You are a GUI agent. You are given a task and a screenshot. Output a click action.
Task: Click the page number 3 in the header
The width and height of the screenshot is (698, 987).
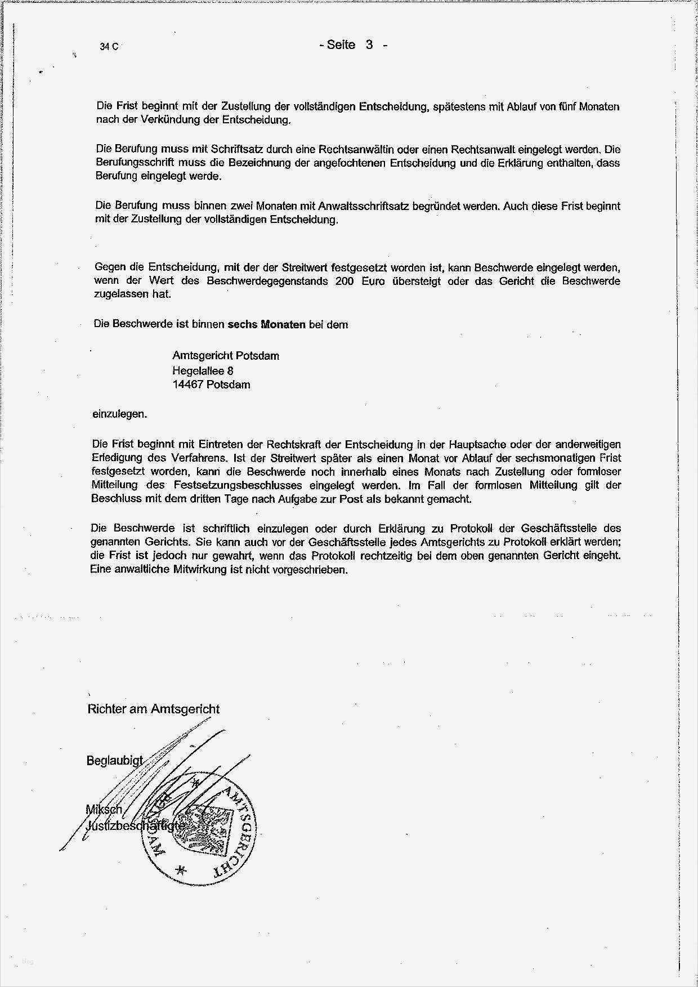click(369, 45)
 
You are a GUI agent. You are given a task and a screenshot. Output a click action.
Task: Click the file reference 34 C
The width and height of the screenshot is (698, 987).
click(109, 47)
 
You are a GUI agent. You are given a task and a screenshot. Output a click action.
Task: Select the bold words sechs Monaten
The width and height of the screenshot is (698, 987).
click(266, 324)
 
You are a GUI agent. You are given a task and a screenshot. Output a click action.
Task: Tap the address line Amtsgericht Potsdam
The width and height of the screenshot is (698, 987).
click(225, 356)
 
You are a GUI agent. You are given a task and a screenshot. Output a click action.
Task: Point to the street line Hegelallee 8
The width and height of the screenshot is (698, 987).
click(203, 370)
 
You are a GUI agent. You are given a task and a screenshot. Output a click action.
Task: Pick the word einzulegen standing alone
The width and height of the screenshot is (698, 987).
click(119, 414)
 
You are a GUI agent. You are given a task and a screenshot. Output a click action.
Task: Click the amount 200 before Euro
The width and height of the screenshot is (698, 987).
click(344, 281)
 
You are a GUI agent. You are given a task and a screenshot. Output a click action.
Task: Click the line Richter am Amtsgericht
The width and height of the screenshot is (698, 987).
click(153, 709)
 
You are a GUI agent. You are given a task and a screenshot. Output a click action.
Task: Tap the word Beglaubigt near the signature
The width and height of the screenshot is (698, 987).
click(114, 761)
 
